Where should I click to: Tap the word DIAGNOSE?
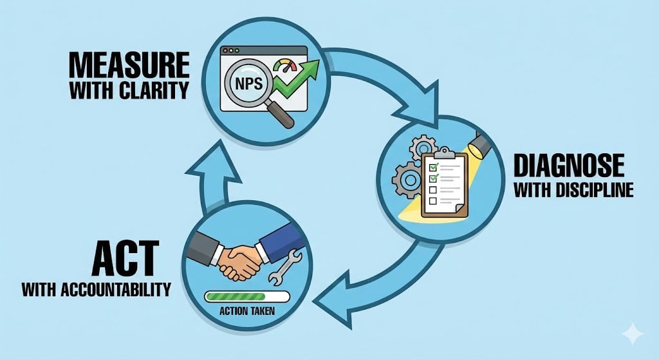[568, 166]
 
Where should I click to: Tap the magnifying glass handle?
[282, 117]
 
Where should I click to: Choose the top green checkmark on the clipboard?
[434, 166]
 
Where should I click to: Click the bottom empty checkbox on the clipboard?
[433, 201]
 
